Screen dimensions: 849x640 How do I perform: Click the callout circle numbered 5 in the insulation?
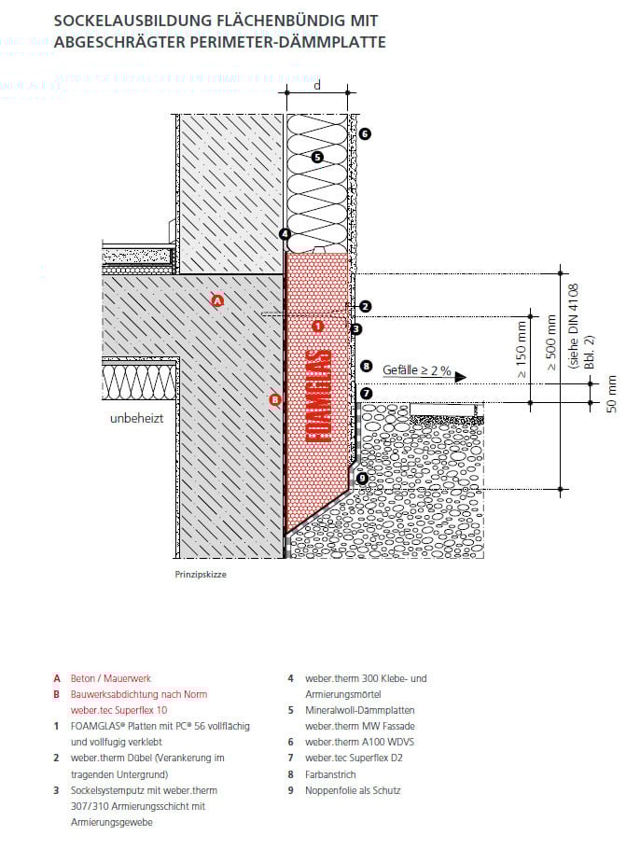point(317,158)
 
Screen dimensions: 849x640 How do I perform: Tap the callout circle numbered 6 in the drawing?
point(365,134)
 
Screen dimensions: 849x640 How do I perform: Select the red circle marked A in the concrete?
point(217,300)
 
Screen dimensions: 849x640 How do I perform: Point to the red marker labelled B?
point(274,400)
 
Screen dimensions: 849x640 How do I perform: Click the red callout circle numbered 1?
point(317,327)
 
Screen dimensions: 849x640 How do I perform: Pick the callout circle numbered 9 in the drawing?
point(363,479)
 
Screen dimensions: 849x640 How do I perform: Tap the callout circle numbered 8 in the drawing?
point(366,367)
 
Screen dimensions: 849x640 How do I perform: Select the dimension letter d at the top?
point(318,85)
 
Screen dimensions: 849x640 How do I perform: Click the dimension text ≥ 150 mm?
point(522,344)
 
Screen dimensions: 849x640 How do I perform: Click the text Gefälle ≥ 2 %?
point(416,370)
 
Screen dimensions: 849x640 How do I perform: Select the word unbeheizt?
point(136,419)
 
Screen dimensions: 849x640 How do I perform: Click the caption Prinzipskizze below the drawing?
point(201,575)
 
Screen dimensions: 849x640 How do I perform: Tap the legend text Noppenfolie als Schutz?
point(353,790)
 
